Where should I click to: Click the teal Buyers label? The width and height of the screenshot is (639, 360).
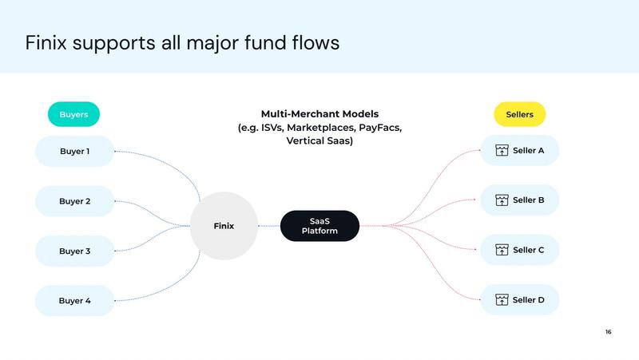[x=73, y=115]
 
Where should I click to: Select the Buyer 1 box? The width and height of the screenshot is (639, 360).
[x=74, y=151]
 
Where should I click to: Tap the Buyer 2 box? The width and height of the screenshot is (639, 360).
[x=74, y=201]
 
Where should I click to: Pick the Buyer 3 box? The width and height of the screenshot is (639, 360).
[x=74, y=251]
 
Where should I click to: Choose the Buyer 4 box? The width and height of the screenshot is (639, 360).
[x=74, y=301]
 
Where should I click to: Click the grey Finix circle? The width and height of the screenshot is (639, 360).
[x=224, y=226]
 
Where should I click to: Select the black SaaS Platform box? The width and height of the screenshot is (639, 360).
[x=319, y=226]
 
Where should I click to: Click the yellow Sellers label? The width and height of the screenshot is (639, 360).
[x=519, y=115]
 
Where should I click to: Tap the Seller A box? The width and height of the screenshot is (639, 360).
[x=519, y=151]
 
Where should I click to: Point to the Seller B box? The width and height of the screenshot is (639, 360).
[x=519, y=200]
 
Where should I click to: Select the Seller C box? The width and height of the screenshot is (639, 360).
[x=519, y=250]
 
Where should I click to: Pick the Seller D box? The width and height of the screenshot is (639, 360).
[x=519, y=300]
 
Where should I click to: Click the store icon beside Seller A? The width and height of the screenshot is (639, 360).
[x=502, y=151]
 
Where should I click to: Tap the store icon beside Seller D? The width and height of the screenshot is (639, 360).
[x=502, y=300]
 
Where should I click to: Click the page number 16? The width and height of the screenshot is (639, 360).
[x=609, y=332]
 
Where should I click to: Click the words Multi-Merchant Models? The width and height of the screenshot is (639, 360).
[x=319, y=114]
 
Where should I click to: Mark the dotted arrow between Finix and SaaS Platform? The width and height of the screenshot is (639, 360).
[x=268, y=226]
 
